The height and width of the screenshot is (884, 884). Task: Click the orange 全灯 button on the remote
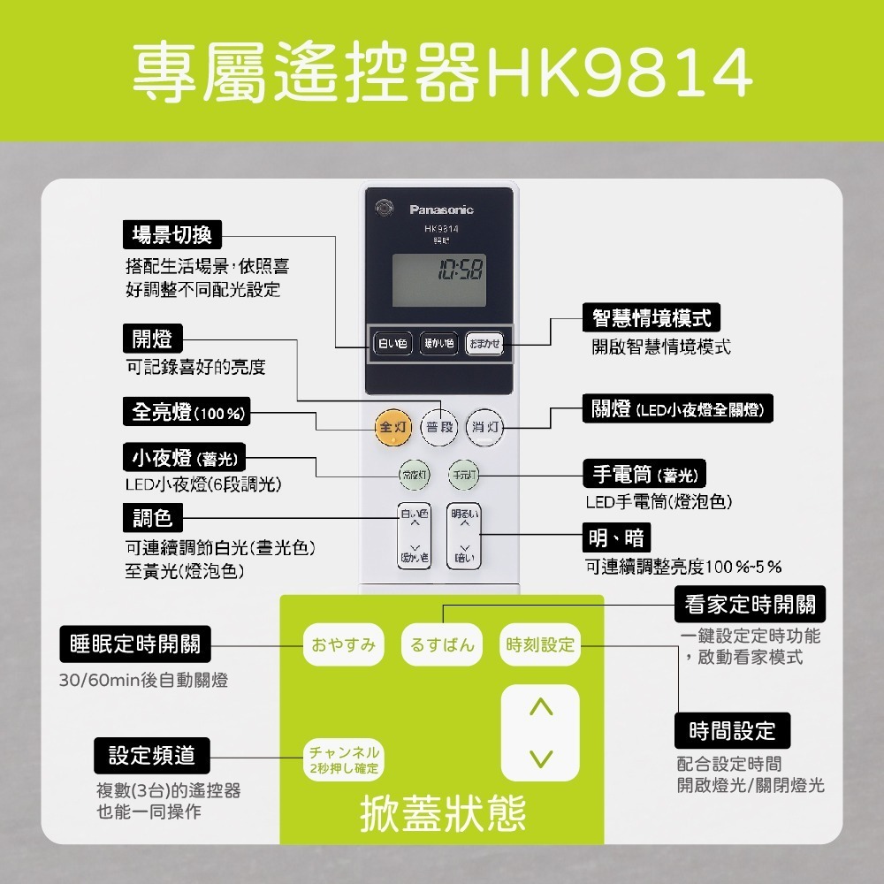(392, 427)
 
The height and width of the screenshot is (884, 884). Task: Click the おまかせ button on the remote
(484, 343)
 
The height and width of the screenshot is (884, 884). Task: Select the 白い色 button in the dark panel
(392, 343)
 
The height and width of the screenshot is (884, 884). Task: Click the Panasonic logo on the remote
(441, 210)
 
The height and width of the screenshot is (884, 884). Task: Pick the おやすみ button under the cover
(344, 645)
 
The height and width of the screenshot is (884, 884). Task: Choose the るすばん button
(443, 645)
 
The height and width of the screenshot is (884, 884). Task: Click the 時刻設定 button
(540, 645)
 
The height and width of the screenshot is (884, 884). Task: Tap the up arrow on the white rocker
(540, 707)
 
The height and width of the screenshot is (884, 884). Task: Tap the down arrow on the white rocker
(540, 758)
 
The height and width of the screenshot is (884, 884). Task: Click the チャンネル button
(344, 758)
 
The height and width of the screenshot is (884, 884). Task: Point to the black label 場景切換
(171, 235)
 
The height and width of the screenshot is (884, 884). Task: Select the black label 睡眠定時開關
(135, 644)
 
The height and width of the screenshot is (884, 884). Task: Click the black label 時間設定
(732, 730)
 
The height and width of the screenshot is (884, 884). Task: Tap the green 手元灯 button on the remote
(462, 475)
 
